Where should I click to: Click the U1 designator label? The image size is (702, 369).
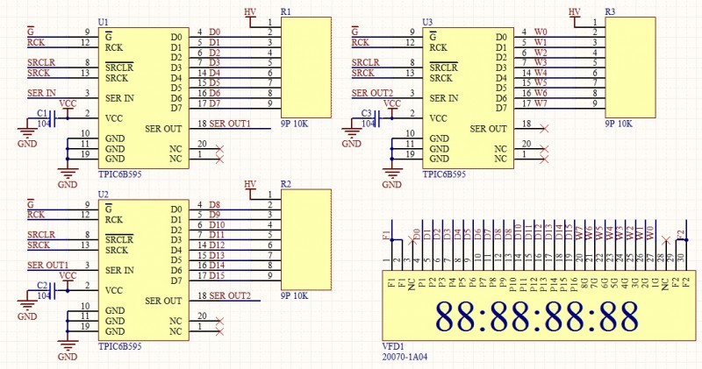[x=104, y=21]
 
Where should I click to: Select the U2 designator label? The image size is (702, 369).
[x=104, y=194]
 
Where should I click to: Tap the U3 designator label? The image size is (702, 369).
[x=427, y=21]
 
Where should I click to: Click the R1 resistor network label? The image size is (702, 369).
[x=286, y=12]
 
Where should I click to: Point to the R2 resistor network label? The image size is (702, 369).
[x=286, y=185]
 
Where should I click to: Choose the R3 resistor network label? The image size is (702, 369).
[x=610, y=12]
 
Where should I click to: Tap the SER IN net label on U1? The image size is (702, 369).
[x=41, y=93]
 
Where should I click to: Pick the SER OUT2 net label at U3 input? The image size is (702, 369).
[x=372, y=93]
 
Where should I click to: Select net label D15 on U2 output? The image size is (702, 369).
[x=217, y=275]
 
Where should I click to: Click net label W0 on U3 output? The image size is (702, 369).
[x=541, y=32]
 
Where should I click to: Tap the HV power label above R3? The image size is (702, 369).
[x=575, y=11]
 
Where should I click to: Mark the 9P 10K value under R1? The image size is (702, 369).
[x=294, y=124]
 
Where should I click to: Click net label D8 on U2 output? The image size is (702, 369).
[x=215, y=204]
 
